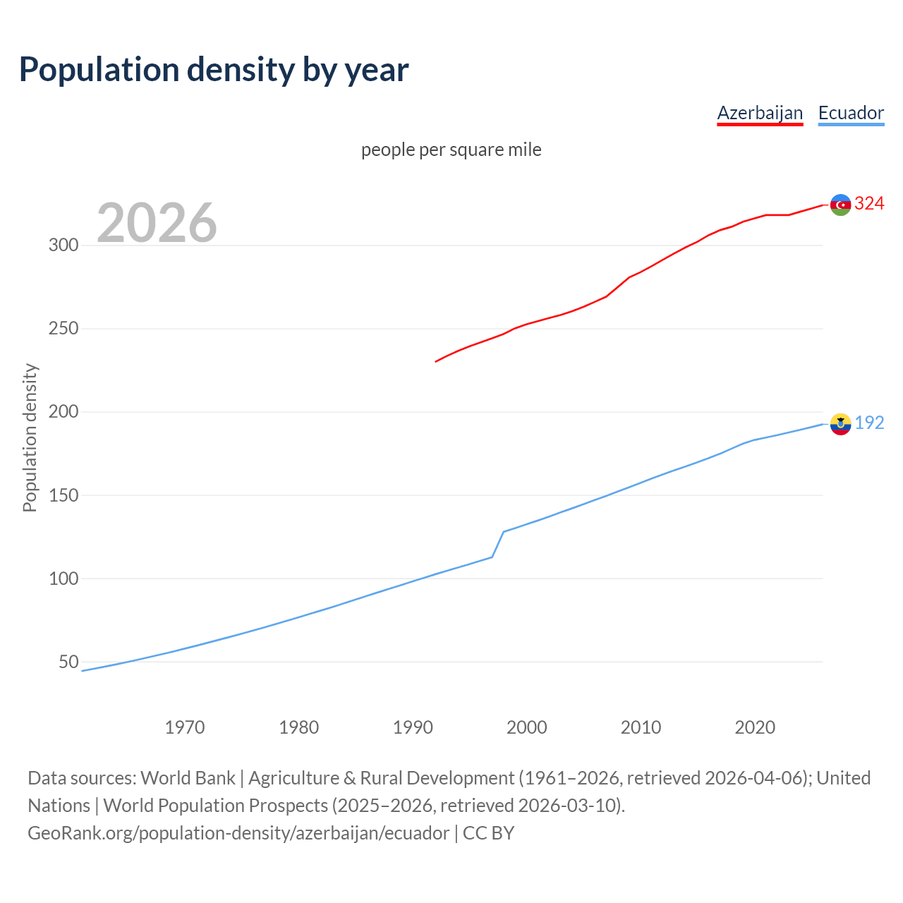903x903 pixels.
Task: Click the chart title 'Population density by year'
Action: [214, 70]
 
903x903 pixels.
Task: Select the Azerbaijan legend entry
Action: [760, 113]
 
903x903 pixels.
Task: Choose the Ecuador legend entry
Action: [851, 113]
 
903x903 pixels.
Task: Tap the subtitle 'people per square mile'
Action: [451, 150]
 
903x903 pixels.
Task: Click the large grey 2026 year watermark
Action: [157, 223]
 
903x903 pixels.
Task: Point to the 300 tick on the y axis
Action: [63, 246]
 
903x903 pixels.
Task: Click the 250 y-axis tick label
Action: [63, 329]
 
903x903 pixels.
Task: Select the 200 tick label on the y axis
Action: [63, 412]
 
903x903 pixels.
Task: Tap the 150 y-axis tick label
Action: [63, 495]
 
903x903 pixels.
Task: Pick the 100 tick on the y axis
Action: [63, 578]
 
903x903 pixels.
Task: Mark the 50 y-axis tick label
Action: [68, 662]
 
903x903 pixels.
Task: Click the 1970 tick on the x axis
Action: [185, 727]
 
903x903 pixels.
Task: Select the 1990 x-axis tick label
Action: [413, 727]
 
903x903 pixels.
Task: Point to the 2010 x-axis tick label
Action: [641, 727]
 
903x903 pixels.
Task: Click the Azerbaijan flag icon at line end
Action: [840, 205]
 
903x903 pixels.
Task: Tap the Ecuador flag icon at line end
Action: [840, 424]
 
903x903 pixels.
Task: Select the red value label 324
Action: [869, 204]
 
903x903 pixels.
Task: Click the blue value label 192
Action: [869, 423]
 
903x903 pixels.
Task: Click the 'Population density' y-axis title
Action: [30, 437]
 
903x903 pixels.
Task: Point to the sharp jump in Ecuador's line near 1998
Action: [498, 544]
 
